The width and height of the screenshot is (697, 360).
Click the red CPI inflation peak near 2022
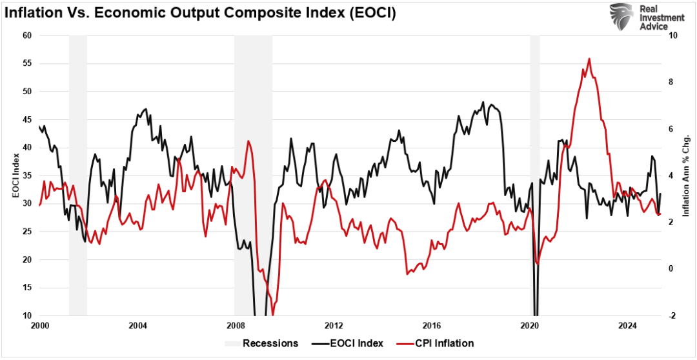[x=589, y=59]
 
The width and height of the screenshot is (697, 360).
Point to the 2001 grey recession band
[x=78, y=174]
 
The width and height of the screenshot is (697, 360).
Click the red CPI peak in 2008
[x=248, y=141]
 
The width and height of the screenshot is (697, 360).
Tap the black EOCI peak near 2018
[x=483, y=102]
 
